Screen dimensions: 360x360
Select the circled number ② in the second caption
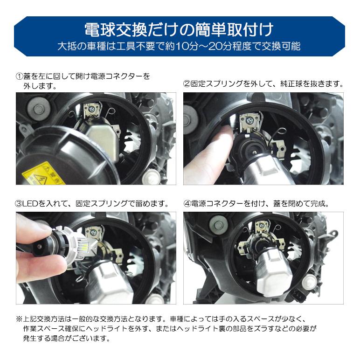point(187,85)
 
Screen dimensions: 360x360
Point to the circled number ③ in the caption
point(19,204)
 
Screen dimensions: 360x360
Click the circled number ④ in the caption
point(187,204)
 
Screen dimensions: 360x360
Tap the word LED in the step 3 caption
point(31,204)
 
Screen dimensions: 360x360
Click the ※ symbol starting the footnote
point(19,319)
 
